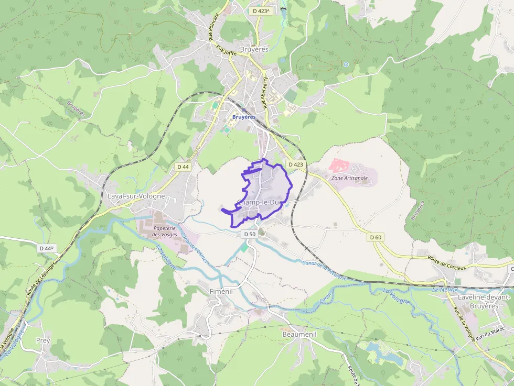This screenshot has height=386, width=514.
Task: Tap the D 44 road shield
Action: pyautogui.click(x=183, y=167)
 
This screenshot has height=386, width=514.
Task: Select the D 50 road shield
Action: pyautogui.click(x=250, y=234)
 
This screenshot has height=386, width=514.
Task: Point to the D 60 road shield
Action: pyautogui.click(x=376, y=237)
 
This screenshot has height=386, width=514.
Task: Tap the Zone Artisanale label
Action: pyautogui.click(x=350, y=178)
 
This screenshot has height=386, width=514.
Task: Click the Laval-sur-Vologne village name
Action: pyautogui.click(x=136, y=196)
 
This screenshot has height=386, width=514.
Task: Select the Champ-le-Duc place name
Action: pyautogui.click(x=260, y=202)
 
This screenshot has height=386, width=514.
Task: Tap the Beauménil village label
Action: pyautogui.click(x=298, y=334)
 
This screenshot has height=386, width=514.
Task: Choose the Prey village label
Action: pyautogui.click(x=43, y=340)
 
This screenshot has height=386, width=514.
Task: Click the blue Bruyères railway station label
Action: pyautogui.click(x=244, y=117)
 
